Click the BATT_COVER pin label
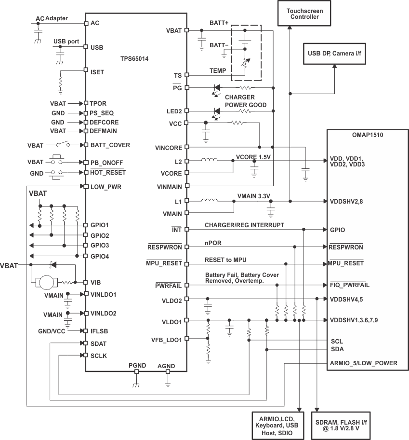pos(110,145)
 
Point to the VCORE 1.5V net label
pos(253,157)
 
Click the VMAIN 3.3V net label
pos(254,196)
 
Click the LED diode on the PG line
pos(217,88)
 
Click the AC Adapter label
pos(52,18)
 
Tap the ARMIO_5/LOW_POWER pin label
pos(363,363)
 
